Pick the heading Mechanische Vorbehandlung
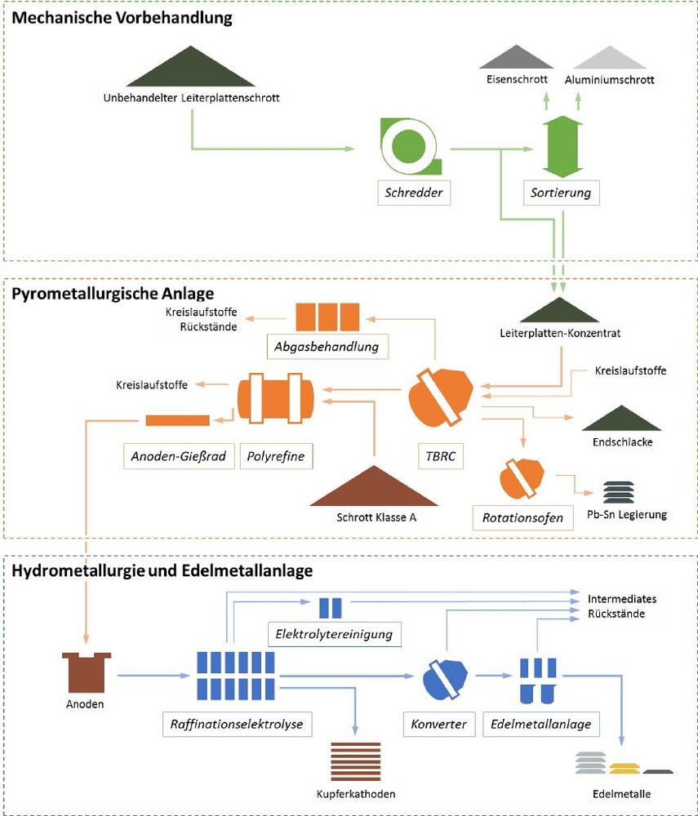tap(122, 18)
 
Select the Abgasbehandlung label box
tap(327, 347)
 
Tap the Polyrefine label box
tap(276, 456)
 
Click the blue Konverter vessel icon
tap(446, 679)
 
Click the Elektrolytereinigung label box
tap(335, 633)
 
